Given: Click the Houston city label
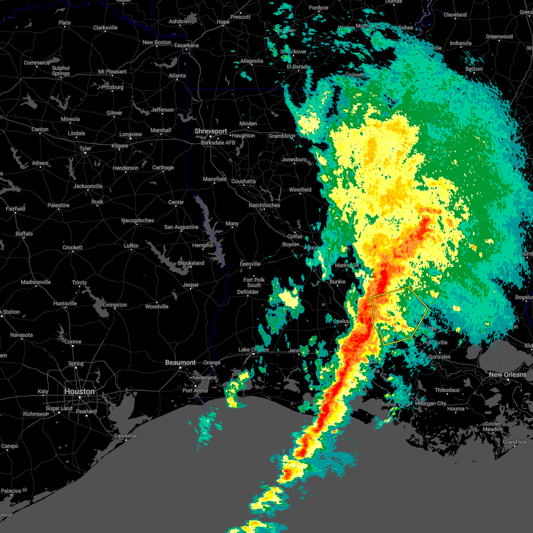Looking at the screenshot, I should click(x=80, y=391).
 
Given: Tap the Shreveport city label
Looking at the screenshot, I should click(x=211, y=131).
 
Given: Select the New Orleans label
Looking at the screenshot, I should click(x=508, y=374).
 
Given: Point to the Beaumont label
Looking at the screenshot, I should click(x=180, y=363).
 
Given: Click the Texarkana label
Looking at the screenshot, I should click(x=187, y=45).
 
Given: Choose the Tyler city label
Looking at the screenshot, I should click(x=85, y=148).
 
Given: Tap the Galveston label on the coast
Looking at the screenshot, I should click(x=126, y=436).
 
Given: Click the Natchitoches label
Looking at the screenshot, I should click(x=264, y=205).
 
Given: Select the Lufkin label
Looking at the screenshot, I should click(x=131, y=246).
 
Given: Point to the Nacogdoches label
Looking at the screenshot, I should click(x=138, y=220).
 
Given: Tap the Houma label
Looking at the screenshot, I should click(x=456, y=409).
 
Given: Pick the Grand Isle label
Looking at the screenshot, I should click(x=515, y=442).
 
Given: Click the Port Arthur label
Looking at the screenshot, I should click(x=195, y=390).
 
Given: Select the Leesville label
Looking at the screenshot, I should click(x=250, y=264).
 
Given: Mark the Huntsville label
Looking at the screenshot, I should click(x=65, y=303).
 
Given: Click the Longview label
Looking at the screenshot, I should click(x=131, y=134).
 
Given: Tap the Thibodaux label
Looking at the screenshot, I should click(x=447, y=390).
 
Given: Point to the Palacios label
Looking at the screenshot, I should click(x=11, y=491).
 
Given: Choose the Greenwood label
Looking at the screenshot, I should click(x=499, y=37).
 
